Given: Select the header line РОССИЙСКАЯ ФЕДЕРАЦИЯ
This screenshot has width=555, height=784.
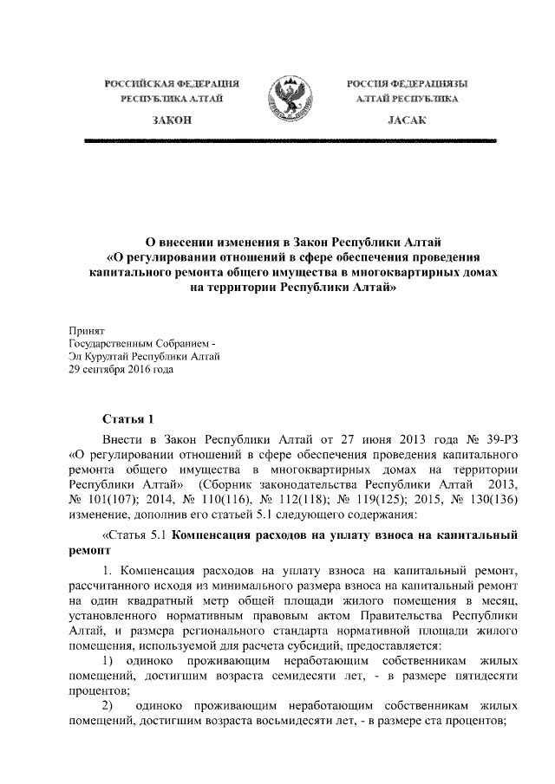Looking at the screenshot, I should (171, 83).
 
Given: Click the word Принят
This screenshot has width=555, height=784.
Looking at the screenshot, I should (86, 330).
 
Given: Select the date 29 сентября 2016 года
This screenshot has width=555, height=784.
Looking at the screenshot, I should (121, 369).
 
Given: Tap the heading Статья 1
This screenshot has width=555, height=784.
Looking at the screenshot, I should (127, 419).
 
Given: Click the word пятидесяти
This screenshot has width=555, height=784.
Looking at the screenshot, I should (480, 675).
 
